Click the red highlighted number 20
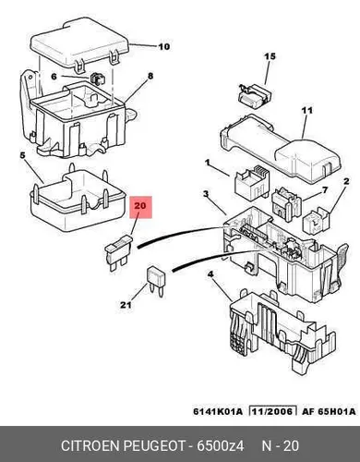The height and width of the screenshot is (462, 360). [x=140, y=206]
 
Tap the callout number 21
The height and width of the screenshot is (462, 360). [x=126, y=305]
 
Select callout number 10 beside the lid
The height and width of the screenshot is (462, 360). [x=164, y=46]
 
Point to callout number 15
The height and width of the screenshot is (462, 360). [x=270, y=56]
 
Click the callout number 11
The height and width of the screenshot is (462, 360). [x=306, y=110]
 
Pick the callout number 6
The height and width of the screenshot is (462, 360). [x=54, y=76]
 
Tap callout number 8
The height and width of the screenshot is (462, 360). [x=150, y=76]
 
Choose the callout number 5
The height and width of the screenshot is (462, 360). [x=22, y=155]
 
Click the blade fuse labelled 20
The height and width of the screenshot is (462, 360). [x=118, y=252]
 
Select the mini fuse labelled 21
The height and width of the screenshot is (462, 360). [x=156, y=281]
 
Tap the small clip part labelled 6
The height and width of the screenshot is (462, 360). [x=98, y=79]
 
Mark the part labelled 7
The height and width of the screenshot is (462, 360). [x=286, y=203]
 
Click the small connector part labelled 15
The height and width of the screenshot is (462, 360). [x=254, y=96]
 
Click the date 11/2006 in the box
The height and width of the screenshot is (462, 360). [x=272, y=411]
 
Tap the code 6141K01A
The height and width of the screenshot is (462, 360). [x=218, y=411]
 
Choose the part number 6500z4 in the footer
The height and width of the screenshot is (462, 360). [x=221, y=446]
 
